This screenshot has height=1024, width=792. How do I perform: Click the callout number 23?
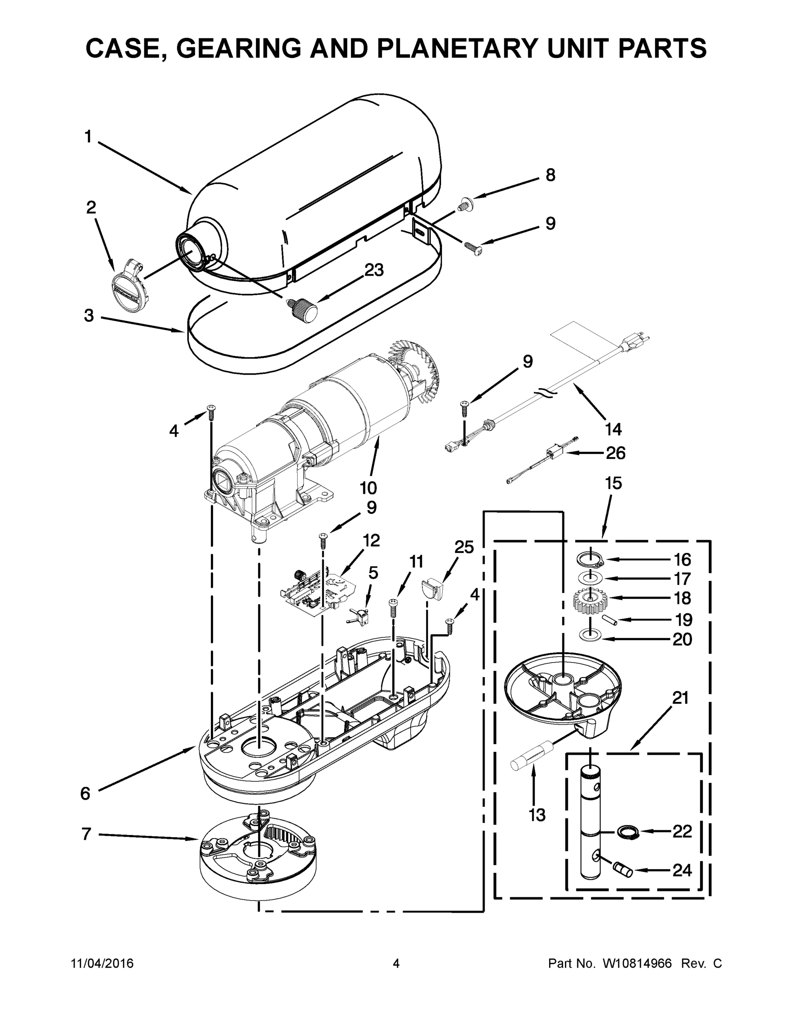[374, 270]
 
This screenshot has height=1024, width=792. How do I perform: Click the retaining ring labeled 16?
[590, 559]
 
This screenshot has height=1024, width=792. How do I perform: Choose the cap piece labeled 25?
[433, 588]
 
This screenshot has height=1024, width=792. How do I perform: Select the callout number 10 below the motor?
[368, 488]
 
